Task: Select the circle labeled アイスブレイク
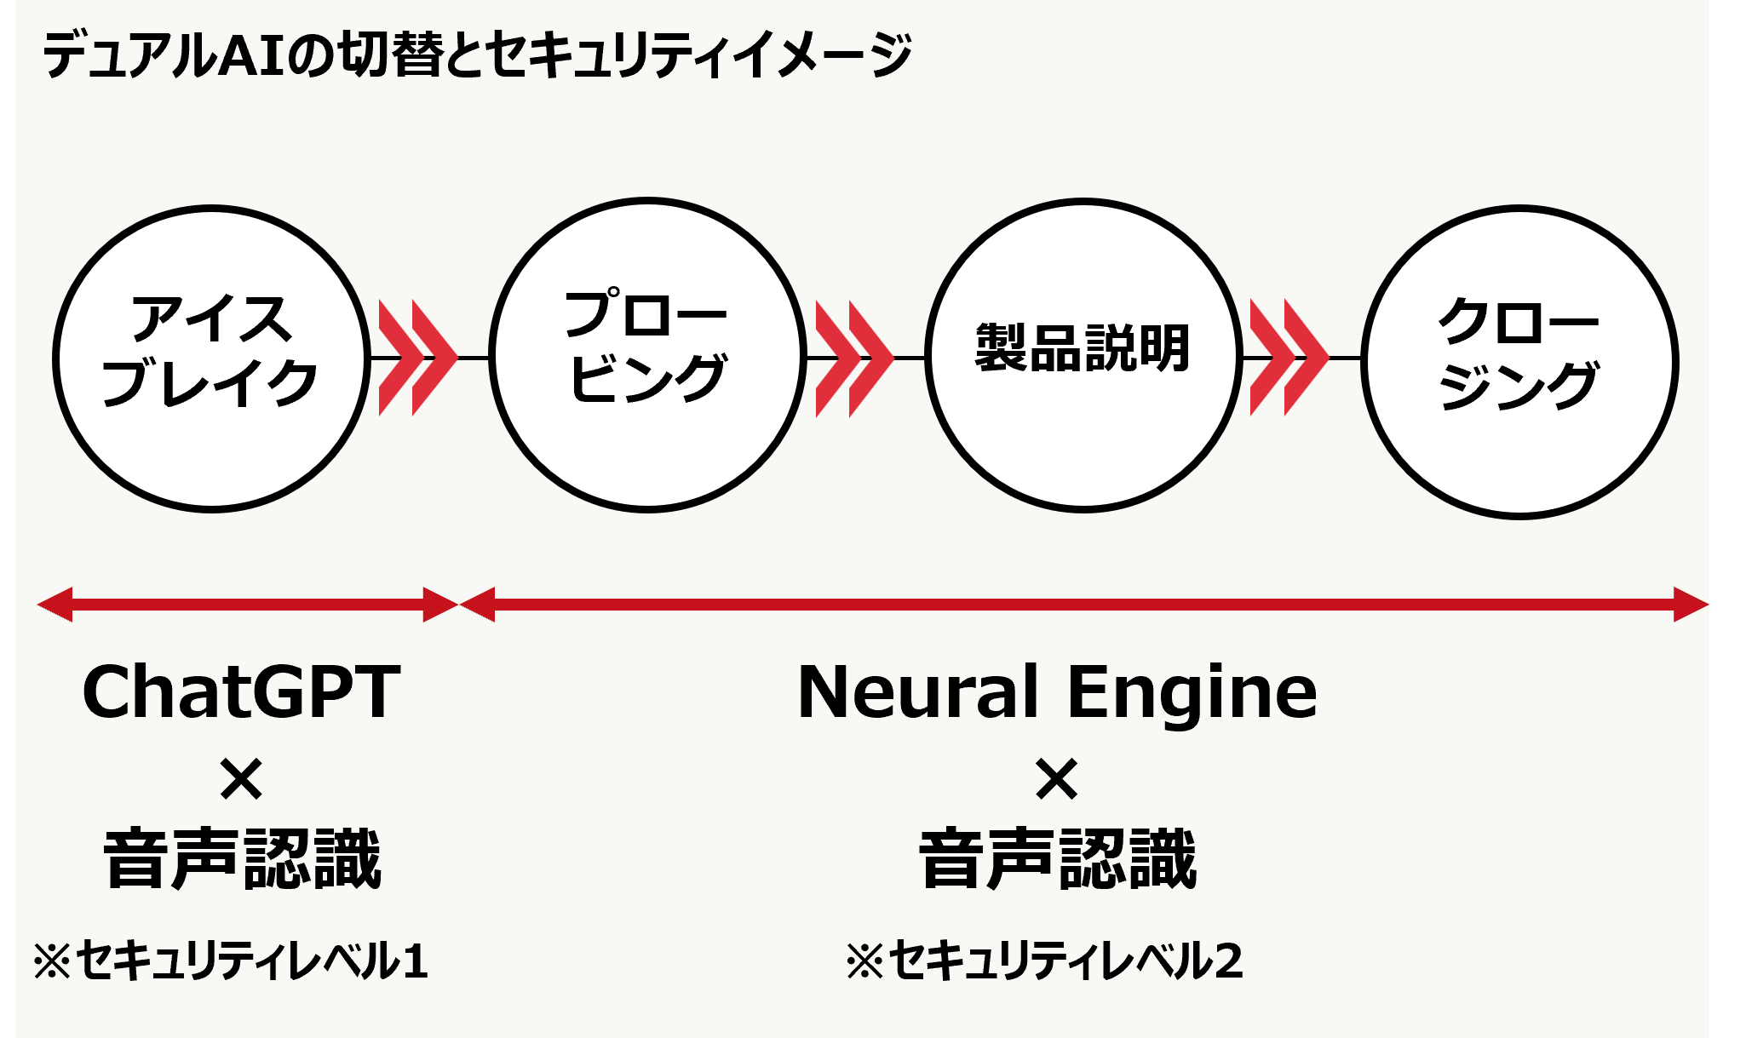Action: click(x=211, y=358)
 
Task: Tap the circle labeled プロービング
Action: click(x=647, y=354)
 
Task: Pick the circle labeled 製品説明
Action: click(x=1083, y=354)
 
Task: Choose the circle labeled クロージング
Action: click(x=1519, y=361)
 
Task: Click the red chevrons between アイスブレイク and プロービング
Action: click(x=417, y=358)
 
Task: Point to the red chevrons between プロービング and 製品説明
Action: click(x=854, y=358)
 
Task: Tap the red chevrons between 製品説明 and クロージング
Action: click(x=1289, y=358)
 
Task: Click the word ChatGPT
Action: click(x=241, y=691)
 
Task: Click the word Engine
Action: click(x=1192, y=693)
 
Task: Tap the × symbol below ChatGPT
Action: click(x=241, y=779)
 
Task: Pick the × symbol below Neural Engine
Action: click(x=1057, y=779)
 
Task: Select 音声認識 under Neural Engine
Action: click(x=1058, y=859)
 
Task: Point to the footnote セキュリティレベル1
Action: click(x=231, y=961)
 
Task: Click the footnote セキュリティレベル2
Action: click(x=1045, y=961)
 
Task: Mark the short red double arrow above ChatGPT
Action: click(x=247, y=605)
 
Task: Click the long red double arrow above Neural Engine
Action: click(x=1083, y=605)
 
